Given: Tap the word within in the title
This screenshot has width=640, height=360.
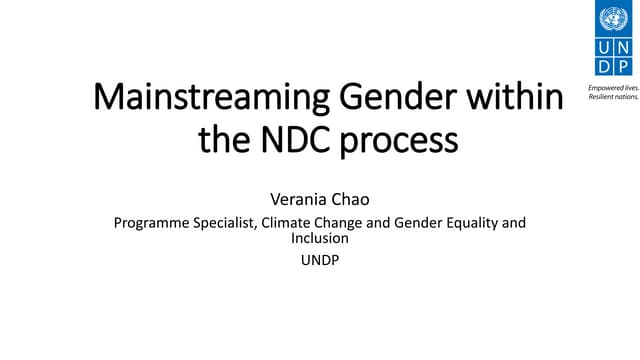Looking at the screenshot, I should [521, 101].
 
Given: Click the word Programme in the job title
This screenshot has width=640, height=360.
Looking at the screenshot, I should [149, 223].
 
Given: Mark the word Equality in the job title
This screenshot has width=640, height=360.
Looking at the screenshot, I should [463, 223].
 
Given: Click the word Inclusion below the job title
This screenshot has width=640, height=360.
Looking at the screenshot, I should [320, 239].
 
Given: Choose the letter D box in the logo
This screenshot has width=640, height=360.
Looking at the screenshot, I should [604, 67].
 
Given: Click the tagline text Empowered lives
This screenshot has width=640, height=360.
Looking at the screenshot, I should [612, 88].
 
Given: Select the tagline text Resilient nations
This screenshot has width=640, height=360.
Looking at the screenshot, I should [612, 97].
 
